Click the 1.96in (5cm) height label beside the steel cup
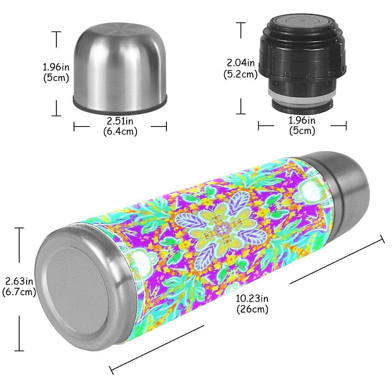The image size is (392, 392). [56, 72]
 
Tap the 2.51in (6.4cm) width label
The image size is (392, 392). [120, 126]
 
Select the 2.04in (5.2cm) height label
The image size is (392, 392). [241, 69]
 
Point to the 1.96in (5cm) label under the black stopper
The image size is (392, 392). [302, 125]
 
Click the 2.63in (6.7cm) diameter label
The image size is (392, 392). [19, 286]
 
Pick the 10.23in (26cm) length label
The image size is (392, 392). [252, 303]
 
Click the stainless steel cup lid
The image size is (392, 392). [120, 65]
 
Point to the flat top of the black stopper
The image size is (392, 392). [302, 21]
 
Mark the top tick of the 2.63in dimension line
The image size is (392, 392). [19, 228]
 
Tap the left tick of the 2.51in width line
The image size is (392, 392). [74, 126]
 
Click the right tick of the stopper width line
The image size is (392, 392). [346, 126]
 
